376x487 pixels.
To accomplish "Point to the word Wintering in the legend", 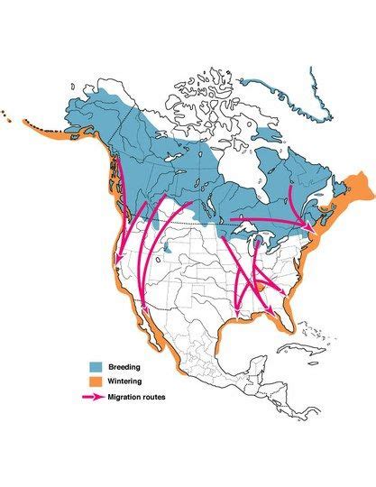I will (127, 381).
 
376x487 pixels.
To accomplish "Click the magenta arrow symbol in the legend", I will (93, 397).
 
